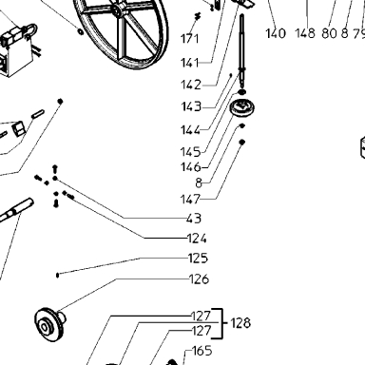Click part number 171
pyautogui.click(x=189, y=39)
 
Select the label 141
pyautogui.click(x=190, y=63)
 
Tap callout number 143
pyautogui.click(x=191, y=106)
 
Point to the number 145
pyautogui.click(x=190, y=152)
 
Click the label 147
pyautogui.click(x=190, y=200)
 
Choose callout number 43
pyautogui.click(x=194, y=219)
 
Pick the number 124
pyautogui.click(x=197, y=239)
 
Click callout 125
pyautogui.click(x=198, y=259)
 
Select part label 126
pyautogui.click(x=199, y=279)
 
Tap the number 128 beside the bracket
pyautogui.click(x=240, y=323)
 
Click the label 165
pyautogui.click(x=202, y=351)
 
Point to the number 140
pyautogui.click(x=276, y=33)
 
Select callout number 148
pyautogui.click(x=305, y=33)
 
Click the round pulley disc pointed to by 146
pyautogui.click(x=242, y=107)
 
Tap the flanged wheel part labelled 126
pyautogui.click(x=49, y=324)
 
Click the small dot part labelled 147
pyautogui.click(x=241, y=143)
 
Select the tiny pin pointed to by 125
pyautogui.click(x=57, y=275)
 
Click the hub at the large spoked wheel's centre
pyautogui.click(x=118, y=10)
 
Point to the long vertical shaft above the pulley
pyautogui.click(x=242, y=50)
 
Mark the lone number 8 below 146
pyautogui.click(x=199, y=182)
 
